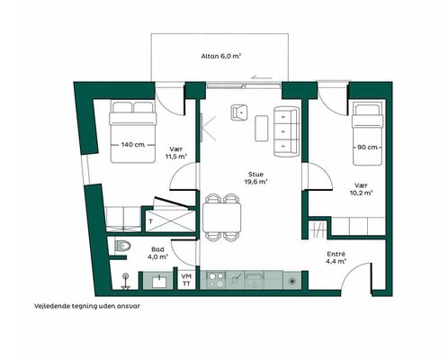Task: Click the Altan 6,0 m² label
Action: click(x=221, y=56)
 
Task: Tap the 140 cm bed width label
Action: click(x=133, y=145)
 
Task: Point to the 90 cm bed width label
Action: click(x=367, y=148)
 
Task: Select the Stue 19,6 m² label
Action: click(x=255, y=178)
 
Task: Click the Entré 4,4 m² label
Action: click(x=336, y=257)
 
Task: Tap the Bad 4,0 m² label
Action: click(x=157, y=253)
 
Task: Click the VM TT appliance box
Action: click(x=186, y=280)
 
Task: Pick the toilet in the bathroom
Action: click(x=123, y=247)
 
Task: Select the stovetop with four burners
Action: click(x=217, y=280)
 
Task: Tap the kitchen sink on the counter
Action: click(x=255, y=280)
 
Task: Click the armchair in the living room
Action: click(x=240, y=112)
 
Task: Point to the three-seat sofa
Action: click(x=286, y=131)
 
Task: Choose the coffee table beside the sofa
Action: click(x=262, y=128)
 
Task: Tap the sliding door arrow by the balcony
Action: click(x=262, y=77)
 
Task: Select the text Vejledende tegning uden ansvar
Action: click(x=87, y=306)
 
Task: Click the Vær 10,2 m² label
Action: click(x=361, y=189)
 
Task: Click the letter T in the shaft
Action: click(x=150, y=221)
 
